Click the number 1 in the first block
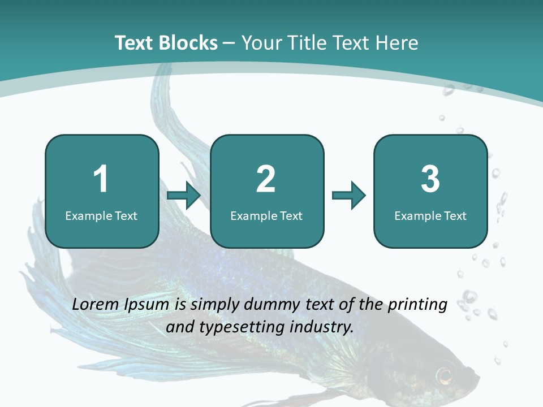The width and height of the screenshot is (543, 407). [x=101, y=179]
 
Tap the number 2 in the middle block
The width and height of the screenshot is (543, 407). [x=266, y=179]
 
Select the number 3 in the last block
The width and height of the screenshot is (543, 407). [x=430, y=179]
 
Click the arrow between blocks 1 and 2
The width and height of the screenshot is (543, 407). [x=184, y=196]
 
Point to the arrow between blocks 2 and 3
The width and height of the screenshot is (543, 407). [x=349, y=196]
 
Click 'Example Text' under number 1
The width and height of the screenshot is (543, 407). [x=101, y=216]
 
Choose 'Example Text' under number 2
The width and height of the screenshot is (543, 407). [x=266, y=216]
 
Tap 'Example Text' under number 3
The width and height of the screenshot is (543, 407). [x=430, y=216]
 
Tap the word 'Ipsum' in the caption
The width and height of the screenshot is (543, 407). [x=149, y=305]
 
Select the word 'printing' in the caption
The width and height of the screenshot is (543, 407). [x=417, y=305]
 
